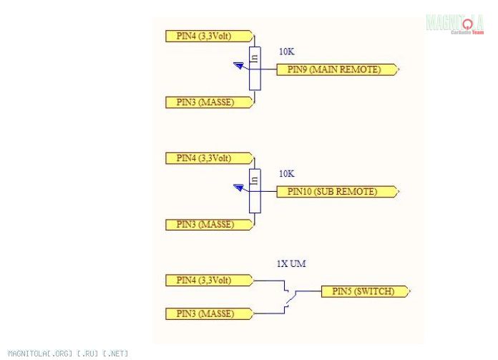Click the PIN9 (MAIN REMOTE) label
click(334, 69)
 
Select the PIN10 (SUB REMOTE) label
click(332, 191)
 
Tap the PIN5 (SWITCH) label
click(365, 291)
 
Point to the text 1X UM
click(291, 264)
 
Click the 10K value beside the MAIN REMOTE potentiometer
click(286, 52)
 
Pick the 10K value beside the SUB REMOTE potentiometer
click(286, 174)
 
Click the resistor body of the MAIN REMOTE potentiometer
click(254, 69)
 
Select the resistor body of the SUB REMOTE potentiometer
click(254, 190)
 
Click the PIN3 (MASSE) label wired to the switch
click(206, 313)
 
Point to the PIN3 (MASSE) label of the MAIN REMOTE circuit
click(206, 102)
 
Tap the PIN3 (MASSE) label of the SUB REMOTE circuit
click(206, 224)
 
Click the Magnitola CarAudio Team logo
click(454, 24)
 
